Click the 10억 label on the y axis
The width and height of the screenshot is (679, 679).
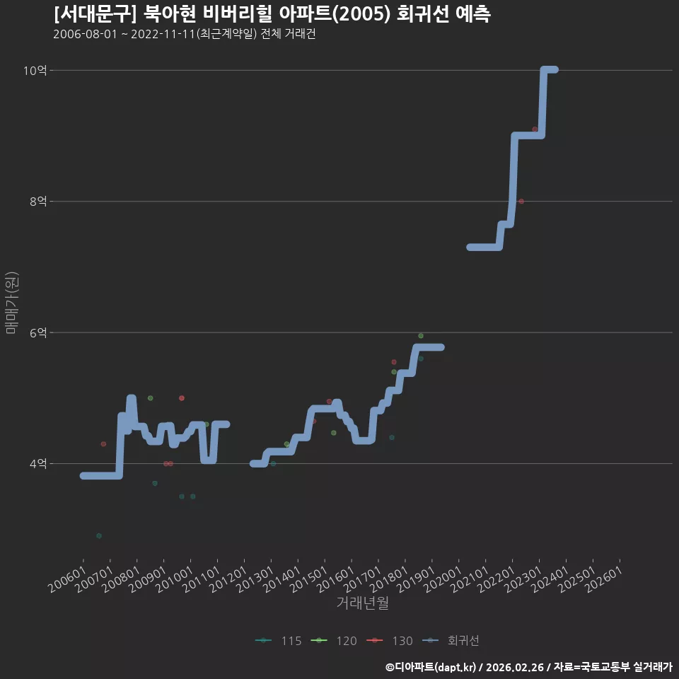(35, 70)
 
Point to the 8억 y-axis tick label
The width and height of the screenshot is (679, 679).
(38, 202)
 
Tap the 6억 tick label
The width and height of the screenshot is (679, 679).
(38, 332)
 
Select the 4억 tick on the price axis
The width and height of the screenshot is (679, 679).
(38, 464)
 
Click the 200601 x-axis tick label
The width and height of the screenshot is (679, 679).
(67, 579)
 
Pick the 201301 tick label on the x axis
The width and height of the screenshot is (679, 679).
(255, 579)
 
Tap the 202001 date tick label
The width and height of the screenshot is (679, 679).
(443, 579)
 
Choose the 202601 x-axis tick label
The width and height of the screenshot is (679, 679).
(604, 579)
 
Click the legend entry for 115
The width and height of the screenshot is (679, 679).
(279, 641)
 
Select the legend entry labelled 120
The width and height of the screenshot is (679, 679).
(334, 641)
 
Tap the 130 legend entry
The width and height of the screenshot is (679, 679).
(389, 641)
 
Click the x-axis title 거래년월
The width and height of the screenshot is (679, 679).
(362, 603)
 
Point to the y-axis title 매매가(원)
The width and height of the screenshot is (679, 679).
(12, 303)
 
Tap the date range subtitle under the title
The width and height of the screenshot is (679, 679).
(185, 34)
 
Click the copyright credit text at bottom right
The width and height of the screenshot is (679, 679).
(529, 667)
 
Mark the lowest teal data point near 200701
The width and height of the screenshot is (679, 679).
(99, 535)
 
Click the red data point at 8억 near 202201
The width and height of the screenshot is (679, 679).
(521, 202)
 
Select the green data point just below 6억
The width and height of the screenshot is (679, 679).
(420, 336)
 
